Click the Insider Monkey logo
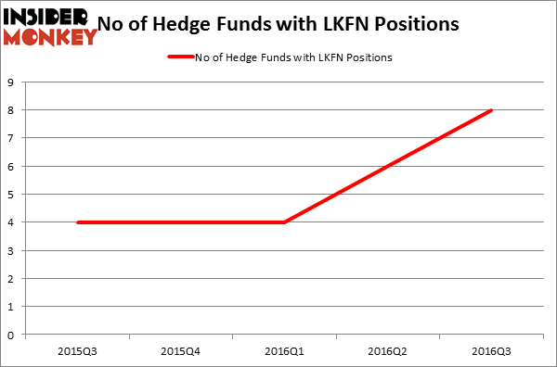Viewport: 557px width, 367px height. tap(50, 26)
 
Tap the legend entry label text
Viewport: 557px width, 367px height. tap(293, 57)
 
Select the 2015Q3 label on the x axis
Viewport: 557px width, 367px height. tap(76, 352)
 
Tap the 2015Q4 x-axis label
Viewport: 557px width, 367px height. tap(180, 352)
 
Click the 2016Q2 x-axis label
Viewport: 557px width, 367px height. tap(388, 352)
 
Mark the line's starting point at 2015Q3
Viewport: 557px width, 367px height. tap(76, 222)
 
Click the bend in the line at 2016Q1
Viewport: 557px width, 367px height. tap(284, 222)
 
